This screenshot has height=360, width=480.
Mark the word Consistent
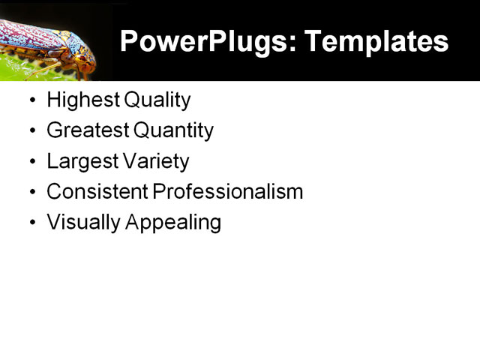pyautogui.click(x=97, y=192)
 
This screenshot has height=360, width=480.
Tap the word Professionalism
pyautogui.click(x=228, y=192)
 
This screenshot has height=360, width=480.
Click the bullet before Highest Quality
pyautogui.click(x=31, y=100)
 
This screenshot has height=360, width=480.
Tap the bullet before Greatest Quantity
pyautogui.click(x=31, y=131)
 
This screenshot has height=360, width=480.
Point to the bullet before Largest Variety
pyautogui.click(x=31, y=162)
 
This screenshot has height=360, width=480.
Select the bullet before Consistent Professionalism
pyautogui.click(x=31, y=193)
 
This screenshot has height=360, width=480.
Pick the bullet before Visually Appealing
pyautogui.click(x=31, y=223)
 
